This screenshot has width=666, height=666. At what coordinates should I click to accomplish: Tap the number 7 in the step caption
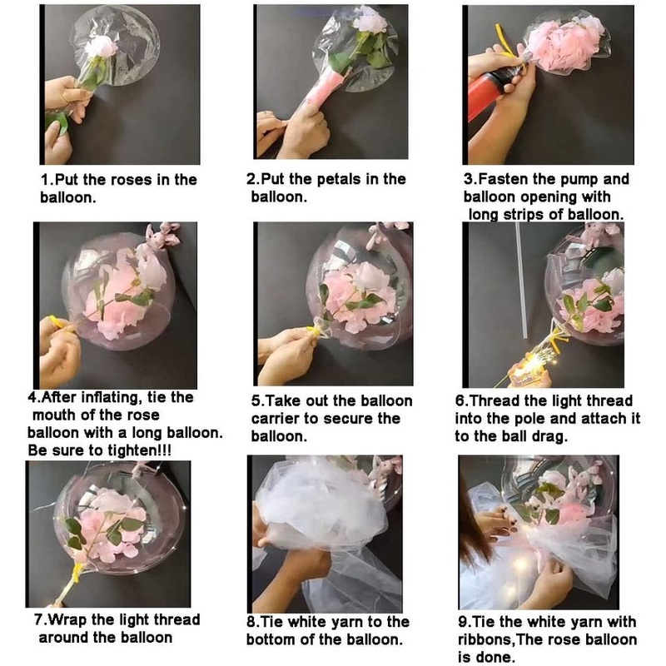pyautogui.click(x=38, y=619)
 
